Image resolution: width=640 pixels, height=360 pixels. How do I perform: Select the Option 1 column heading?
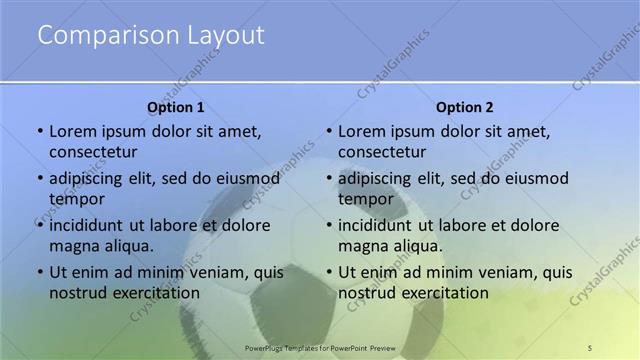point(176,106)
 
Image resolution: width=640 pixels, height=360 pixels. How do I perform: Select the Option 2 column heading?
point(465,106)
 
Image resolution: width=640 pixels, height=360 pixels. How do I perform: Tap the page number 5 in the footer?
point(590,347)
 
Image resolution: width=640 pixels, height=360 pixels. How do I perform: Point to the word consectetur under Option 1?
point(93,152)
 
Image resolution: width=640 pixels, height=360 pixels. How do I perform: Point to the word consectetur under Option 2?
point(382,152)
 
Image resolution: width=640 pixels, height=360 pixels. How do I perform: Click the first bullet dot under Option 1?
point(40,131)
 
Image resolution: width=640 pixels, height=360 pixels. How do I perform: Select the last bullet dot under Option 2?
point(329,272)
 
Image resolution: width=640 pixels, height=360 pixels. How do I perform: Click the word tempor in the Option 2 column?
point(365,198)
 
